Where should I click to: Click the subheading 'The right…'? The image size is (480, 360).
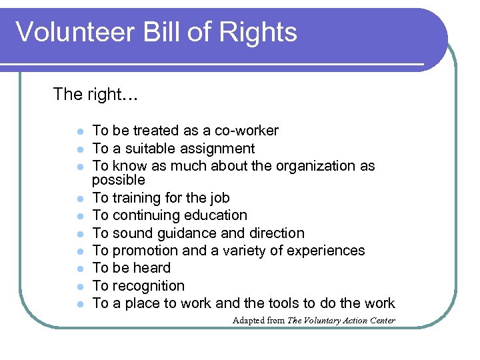95,95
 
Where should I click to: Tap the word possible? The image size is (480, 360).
119,181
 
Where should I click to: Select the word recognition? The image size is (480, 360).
149,286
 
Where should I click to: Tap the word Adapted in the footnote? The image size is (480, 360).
247,321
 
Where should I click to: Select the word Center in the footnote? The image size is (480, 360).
381,321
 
